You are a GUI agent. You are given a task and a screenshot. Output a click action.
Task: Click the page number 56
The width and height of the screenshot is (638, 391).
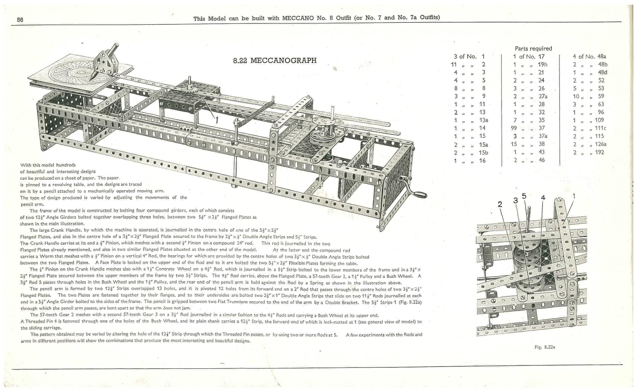click(20, 20)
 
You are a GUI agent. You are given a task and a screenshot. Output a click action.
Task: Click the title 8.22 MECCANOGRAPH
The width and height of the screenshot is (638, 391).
click(275, 61)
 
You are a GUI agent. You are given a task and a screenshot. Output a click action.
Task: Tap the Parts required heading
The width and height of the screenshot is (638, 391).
click(533, 48)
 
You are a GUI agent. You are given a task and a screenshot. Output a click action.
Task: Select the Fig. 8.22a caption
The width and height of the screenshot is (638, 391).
click(545, 347)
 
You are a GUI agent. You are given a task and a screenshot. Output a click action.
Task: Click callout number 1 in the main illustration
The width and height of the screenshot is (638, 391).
click(217, 120)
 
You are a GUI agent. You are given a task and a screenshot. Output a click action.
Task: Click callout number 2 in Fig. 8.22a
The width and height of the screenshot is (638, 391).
click(500, 204)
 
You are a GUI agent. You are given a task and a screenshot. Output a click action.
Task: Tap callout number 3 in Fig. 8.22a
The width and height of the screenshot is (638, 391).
click(515, 200)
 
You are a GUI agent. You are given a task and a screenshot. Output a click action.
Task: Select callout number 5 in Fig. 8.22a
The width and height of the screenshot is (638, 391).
click(524, 195)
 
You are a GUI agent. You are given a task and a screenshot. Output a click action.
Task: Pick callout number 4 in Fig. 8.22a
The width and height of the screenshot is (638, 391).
click(543, 198)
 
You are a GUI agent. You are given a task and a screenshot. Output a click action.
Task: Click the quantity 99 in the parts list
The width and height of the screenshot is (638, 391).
click(514, 128)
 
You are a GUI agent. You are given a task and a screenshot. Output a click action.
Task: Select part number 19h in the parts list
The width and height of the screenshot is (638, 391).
click(543, 65)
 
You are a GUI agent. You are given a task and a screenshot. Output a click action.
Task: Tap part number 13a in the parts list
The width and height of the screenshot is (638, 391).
click(483, 120)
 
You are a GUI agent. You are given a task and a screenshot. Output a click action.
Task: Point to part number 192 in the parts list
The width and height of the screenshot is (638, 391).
click(600, 152)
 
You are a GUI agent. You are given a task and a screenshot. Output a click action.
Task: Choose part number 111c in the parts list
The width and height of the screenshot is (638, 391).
click(600, 128)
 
